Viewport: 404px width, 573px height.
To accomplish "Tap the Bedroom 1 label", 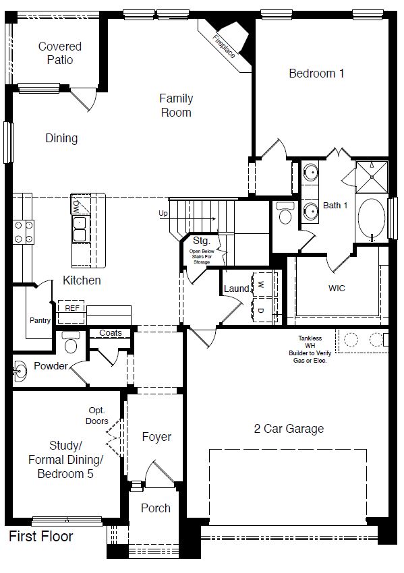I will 316,73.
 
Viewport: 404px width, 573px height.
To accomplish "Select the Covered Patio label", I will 59,53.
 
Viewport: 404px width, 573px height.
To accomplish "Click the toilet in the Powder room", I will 69,344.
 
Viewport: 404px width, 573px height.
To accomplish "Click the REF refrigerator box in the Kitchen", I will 72,307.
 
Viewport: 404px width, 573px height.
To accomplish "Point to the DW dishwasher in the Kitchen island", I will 78,204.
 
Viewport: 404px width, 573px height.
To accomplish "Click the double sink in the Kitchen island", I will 80,229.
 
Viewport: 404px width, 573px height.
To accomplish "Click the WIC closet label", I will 337,289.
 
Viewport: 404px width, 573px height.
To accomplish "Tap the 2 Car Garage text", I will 289,429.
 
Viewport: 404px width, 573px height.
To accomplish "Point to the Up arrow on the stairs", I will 163,214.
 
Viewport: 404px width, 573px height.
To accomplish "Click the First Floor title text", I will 40,537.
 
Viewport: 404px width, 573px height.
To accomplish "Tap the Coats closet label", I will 111,333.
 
